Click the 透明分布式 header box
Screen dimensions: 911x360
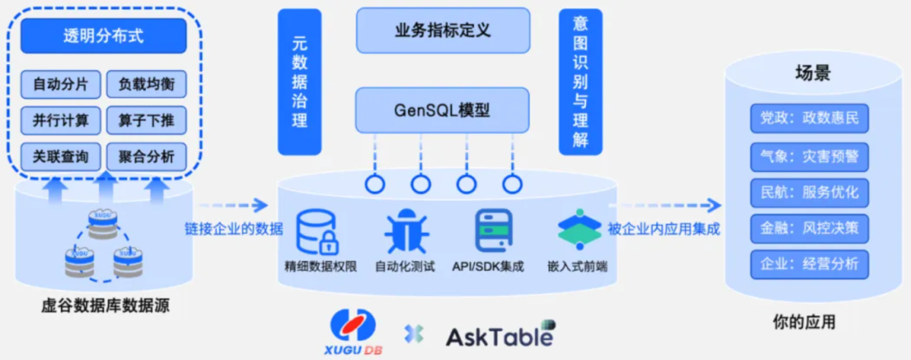coord(104,36)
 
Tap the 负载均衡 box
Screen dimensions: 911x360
coord(147,84)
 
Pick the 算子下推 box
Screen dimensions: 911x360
coord(147,121)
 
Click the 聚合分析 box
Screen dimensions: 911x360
coord(147,156)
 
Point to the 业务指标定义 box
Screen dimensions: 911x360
coord(443,30)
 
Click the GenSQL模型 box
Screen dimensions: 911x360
coord(443,110)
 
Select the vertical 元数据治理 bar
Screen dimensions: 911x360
coord(299,82)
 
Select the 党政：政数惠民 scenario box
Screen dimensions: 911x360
coord(809,118)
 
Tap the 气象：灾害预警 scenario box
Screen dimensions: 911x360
coord(809,156)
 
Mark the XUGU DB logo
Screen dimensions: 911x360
coord(354,329)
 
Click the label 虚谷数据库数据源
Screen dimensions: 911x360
coord(105,306)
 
